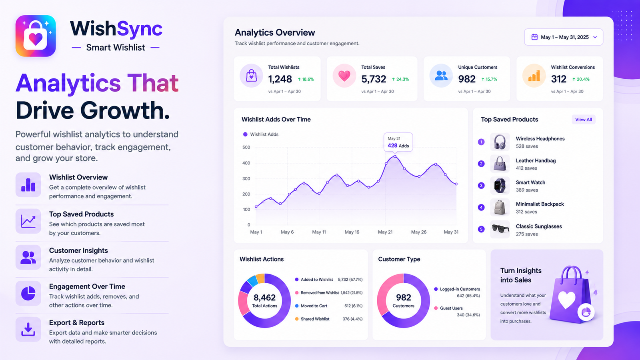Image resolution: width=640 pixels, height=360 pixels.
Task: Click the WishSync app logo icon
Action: (x=36, y=36)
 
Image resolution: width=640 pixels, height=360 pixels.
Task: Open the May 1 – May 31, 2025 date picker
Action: (x=564, y=37)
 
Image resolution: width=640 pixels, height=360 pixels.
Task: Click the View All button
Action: (x=584, y=120)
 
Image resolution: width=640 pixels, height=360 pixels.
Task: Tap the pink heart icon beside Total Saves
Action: (x=344, y=76)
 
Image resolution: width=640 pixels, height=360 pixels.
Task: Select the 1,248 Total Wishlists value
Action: (x=280, y=79)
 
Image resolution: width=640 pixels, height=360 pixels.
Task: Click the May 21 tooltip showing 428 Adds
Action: (x=398, y=142)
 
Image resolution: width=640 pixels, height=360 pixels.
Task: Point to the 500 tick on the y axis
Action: (x=246, y=148)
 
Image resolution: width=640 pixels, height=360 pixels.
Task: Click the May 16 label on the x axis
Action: (x=352, y=232)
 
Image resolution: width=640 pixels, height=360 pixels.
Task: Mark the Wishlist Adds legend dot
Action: (x=245, y=134)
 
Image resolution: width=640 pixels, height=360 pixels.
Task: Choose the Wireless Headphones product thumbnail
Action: (x=500, y=142)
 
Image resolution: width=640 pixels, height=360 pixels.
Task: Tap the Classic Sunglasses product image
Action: (x=500, y=229)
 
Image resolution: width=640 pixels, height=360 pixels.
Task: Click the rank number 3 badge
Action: (x=481, y=186)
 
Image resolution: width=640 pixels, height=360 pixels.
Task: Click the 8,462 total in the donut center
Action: (x=264, y=298)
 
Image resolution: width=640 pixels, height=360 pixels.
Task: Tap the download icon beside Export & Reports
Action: (x=28, y=330)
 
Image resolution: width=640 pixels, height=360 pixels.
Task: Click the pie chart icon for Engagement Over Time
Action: (x=28, y=293)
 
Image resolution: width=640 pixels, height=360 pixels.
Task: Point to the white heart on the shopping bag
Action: (x=566, y=300)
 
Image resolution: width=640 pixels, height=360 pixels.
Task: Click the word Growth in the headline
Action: (x=125, y=110)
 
